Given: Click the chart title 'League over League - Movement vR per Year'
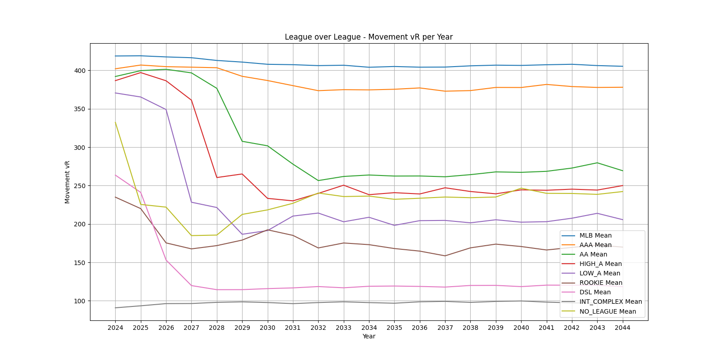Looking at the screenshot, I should (369, 37).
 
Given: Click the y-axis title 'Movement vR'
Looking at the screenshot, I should (67, 182).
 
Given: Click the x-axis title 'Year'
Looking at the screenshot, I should (369, 336).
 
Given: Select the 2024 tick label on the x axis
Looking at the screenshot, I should (115, 328).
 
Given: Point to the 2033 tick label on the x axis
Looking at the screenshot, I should (343, 328).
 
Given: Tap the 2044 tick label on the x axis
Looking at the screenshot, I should (622, 328).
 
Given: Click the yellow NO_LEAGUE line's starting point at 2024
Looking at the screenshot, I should (115, 122).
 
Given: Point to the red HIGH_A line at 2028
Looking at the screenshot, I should (217, 177).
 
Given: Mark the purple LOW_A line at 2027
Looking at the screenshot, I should (191, 202).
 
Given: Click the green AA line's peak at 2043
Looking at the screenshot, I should (597, 163).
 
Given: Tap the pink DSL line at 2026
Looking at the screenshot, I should (166, 260).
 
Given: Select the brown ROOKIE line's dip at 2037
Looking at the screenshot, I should (445, 256).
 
